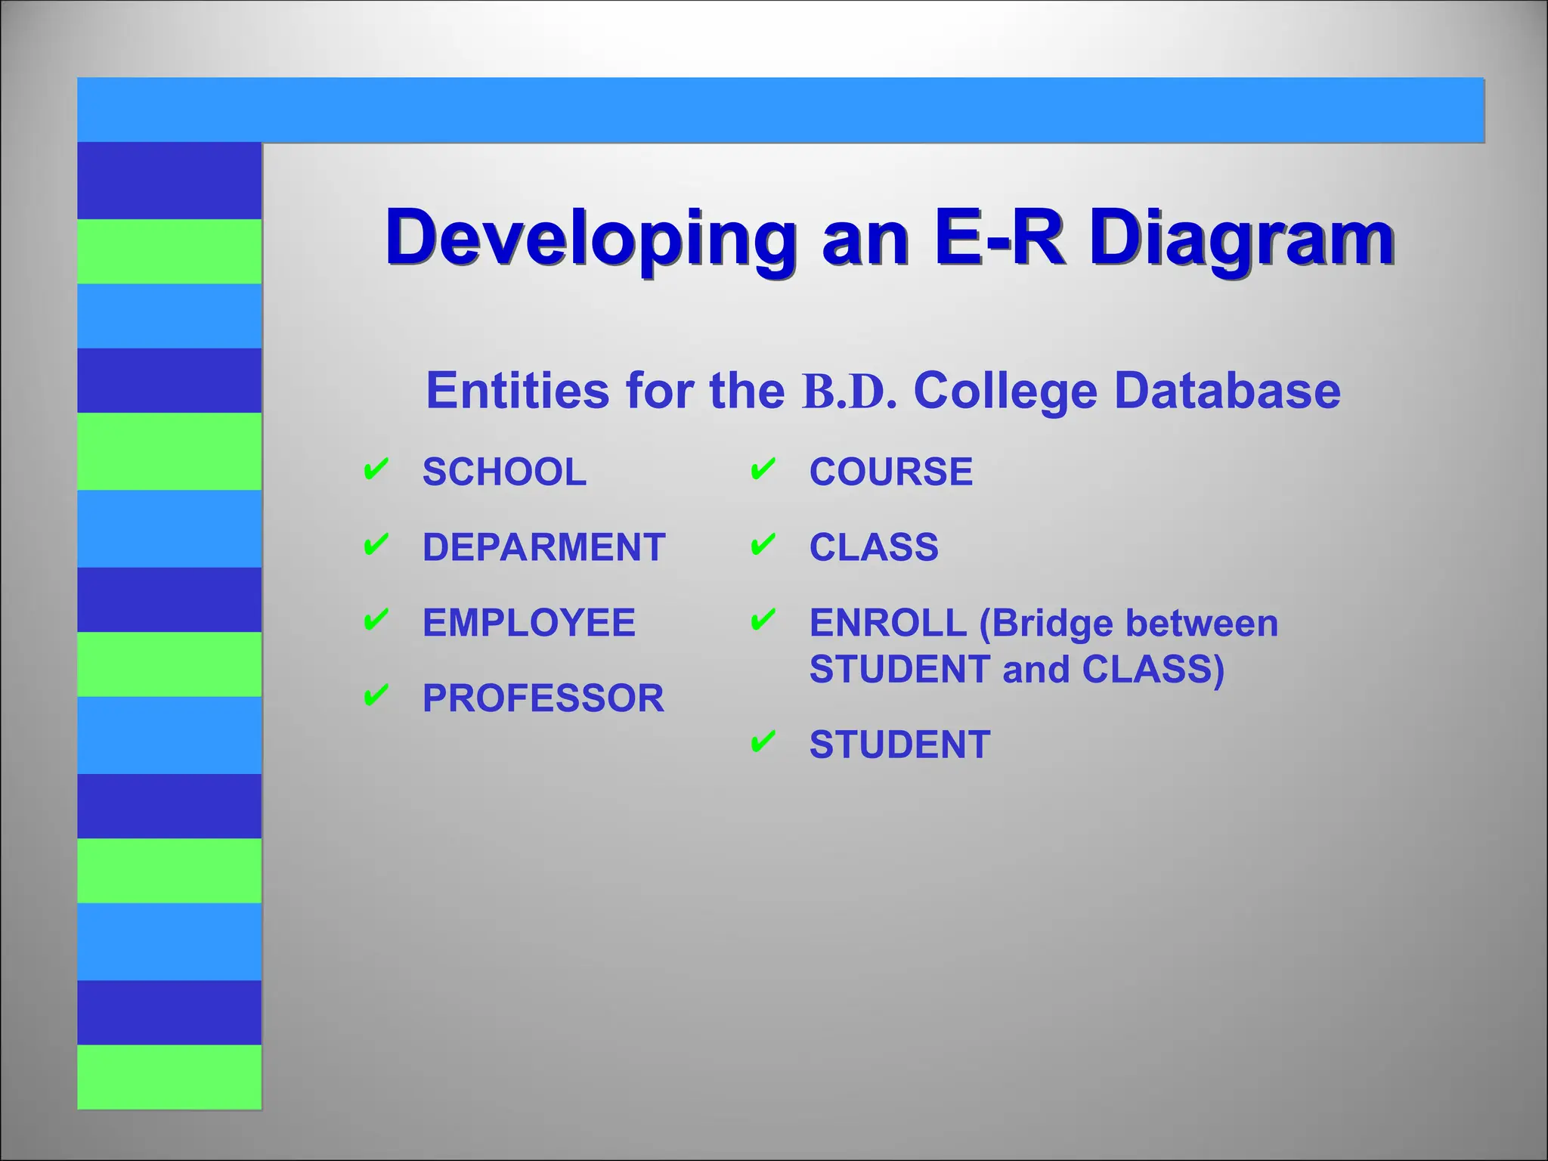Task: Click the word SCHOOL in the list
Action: (x=504, y=472)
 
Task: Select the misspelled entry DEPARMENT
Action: (x=543, y=547)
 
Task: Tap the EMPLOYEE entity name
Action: (x=528, y=623)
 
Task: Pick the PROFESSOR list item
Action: (x=543, y=698)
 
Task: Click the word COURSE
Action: (x=890, y=472)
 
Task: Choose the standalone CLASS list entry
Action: (x=873, y=547)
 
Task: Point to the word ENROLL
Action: (x=887, y=624)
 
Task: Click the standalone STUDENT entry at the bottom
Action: (x=899, y=745)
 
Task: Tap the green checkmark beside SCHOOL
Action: (x=376, y=469)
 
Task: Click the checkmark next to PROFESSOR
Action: (x=376, y=695)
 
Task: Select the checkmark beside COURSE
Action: (x=763, y=469)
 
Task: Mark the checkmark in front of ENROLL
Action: (x=763, y=621)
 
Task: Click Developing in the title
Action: (x=590, y=239)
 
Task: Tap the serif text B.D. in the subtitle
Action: (x=849, y=392)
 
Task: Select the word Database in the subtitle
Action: (x=1227, y=391)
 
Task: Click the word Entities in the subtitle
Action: (x=517, y=391)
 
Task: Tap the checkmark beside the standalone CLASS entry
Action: (x=763, y=544)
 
